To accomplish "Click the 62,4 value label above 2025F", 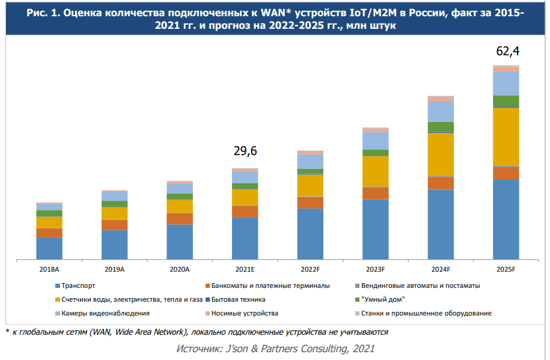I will (507, 52).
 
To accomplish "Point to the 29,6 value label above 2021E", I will (245, 151).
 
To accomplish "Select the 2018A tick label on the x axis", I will (49, 270).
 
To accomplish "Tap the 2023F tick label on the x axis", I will (376, 270).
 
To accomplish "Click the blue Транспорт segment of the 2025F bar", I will (506, 219).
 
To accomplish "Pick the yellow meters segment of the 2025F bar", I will (506, 136).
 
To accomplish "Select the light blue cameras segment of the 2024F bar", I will (441, 111).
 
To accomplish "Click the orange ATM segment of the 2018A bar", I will (49, 233).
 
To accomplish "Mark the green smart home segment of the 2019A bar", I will (114, 204).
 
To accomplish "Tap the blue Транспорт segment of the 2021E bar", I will (245, 238).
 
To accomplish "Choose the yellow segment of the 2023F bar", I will (376, 171).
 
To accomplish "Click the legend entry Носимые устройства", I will (245, 313).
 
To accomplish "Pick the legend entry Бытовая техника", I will (239, 299).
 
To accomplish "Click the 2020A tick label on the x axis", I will (180, 270).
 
